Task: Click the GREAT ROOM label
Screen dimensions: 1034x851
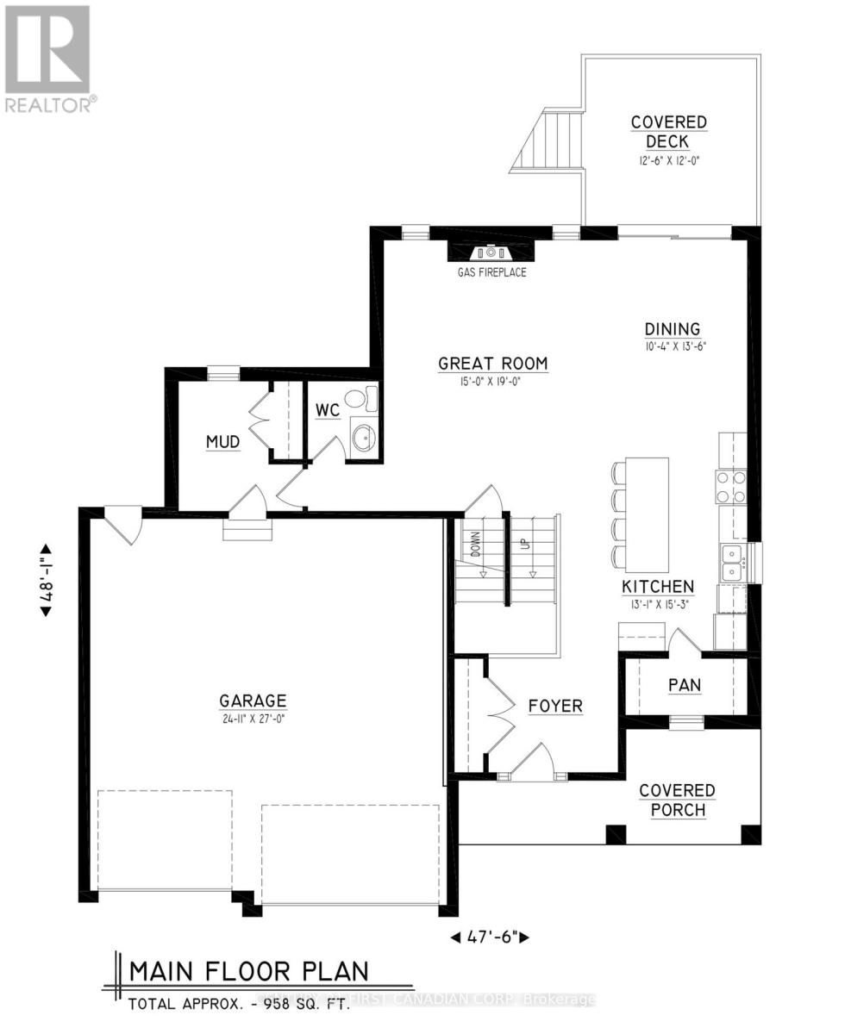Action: coord(492,363)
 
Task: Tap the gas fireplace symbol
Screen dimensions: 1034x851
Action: coord(491,252)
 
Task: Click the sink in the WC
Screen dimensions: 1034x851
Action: coord(365,438)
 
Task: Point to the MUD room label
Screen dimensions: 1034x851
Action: coord(222,442)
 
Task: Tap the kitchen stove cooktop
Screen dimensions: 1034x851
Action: coord(731,488)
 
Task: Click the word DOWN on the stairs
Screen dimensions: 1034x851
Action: coord(475,545)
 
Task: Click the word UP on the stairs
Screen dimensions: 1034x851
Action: coord(522,545)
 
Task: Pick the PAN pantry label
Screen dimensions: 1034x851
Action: coord(685,685)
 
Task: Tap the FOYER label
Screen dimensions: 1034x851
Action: coord(555,706)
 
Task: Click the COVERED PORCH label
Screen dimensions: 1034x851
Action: coord(677,800)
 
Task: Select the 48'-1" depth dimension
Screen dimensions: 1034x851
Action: coord(44,580)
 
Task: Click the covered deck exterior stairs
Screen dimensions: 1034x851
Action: coord(548,140)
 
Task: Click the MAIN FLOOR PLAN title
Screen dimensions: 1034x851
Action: coord(248,971)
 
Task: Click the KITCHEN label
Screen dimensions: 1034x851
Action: coord(658,587)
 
